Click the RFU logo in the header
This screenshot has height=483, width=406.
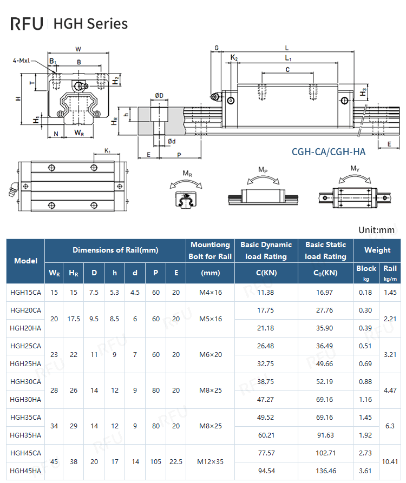pos(27,24)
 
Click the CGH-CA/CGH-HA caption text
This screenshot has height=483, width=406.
pos(328,152)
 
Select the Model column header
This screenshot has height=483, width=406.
pos(25,261)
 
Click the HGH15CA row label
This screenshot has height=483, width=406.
pos(25,293)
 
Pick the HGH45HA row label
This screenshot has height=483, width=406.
pos(25,471)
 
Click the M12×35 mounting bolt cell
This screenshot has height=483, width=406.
pos(211,462)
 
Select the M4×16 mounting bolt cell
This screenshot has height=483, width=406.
pos(211,293)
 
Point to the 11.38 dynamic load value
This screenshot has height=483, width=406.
pos(265,293)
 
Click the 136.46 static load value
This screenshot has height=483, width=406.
pos(325,471)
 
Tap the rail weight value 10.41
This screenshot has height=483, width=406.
pos(390,462)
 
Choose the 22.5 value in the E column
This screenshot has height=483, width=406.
pos(176,462)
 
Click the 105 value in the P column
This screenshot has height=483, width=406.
pos(156,462)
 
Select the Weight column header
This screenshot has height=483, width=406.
pos(377,250)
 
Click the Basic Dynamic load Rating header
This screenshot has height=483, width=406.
pos(266,250)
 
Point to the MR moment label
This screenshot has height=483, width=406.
pos(187,174)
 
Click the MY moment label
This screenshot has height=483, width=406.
pos(355,169)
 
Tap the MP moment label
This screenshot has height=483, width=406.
pos(263,170)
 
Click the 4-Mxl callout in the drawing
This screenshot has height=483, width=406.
pos(21,61)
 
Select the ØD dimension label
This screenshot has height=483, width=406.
pos(159,96)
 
